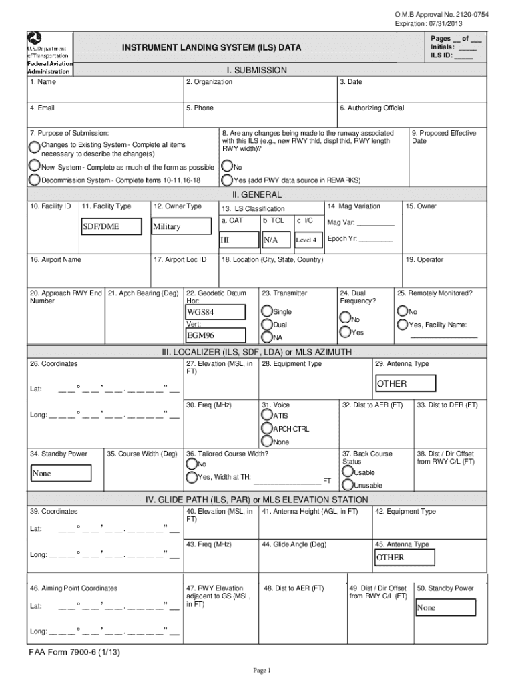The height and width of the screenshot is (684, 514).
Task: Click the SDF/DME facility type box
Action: point(110,226)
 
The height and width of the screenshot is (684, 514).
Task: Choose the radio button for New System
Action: point(34,166)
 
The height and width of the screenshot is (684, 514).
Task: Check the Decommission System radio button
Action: point(34,180)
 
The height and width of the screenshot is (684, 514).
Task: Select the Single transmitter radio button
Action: point(267,311)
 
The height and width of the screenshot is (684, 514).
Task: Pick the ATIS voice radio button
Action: point(266,415)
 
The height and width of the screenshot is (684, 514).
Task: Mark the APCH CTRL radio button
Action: point(266,428)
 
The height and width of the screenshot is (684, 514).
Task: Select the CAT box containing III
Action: point(238,240)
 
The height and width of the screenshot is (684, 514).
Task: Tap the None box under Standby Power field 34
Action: point(60,474)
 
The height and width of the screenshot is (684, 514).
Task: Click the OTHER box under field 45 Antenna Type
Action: point(404,558)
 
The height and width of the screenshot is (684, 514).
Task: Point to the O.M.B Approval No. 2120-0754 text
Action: point(441,15)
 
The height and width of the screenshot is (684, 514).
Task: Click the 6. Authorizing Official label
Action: point(371,108)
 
